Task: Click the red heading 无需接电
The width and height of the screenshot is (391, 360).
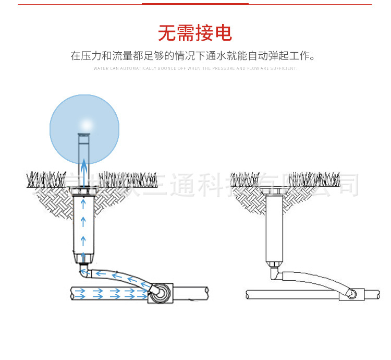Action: (195, 34)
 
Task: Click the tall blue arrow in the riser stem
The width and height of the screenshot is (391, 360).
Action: (83, 167)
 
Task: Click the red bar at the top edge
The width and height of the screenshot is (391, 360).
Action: (195, 4)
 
